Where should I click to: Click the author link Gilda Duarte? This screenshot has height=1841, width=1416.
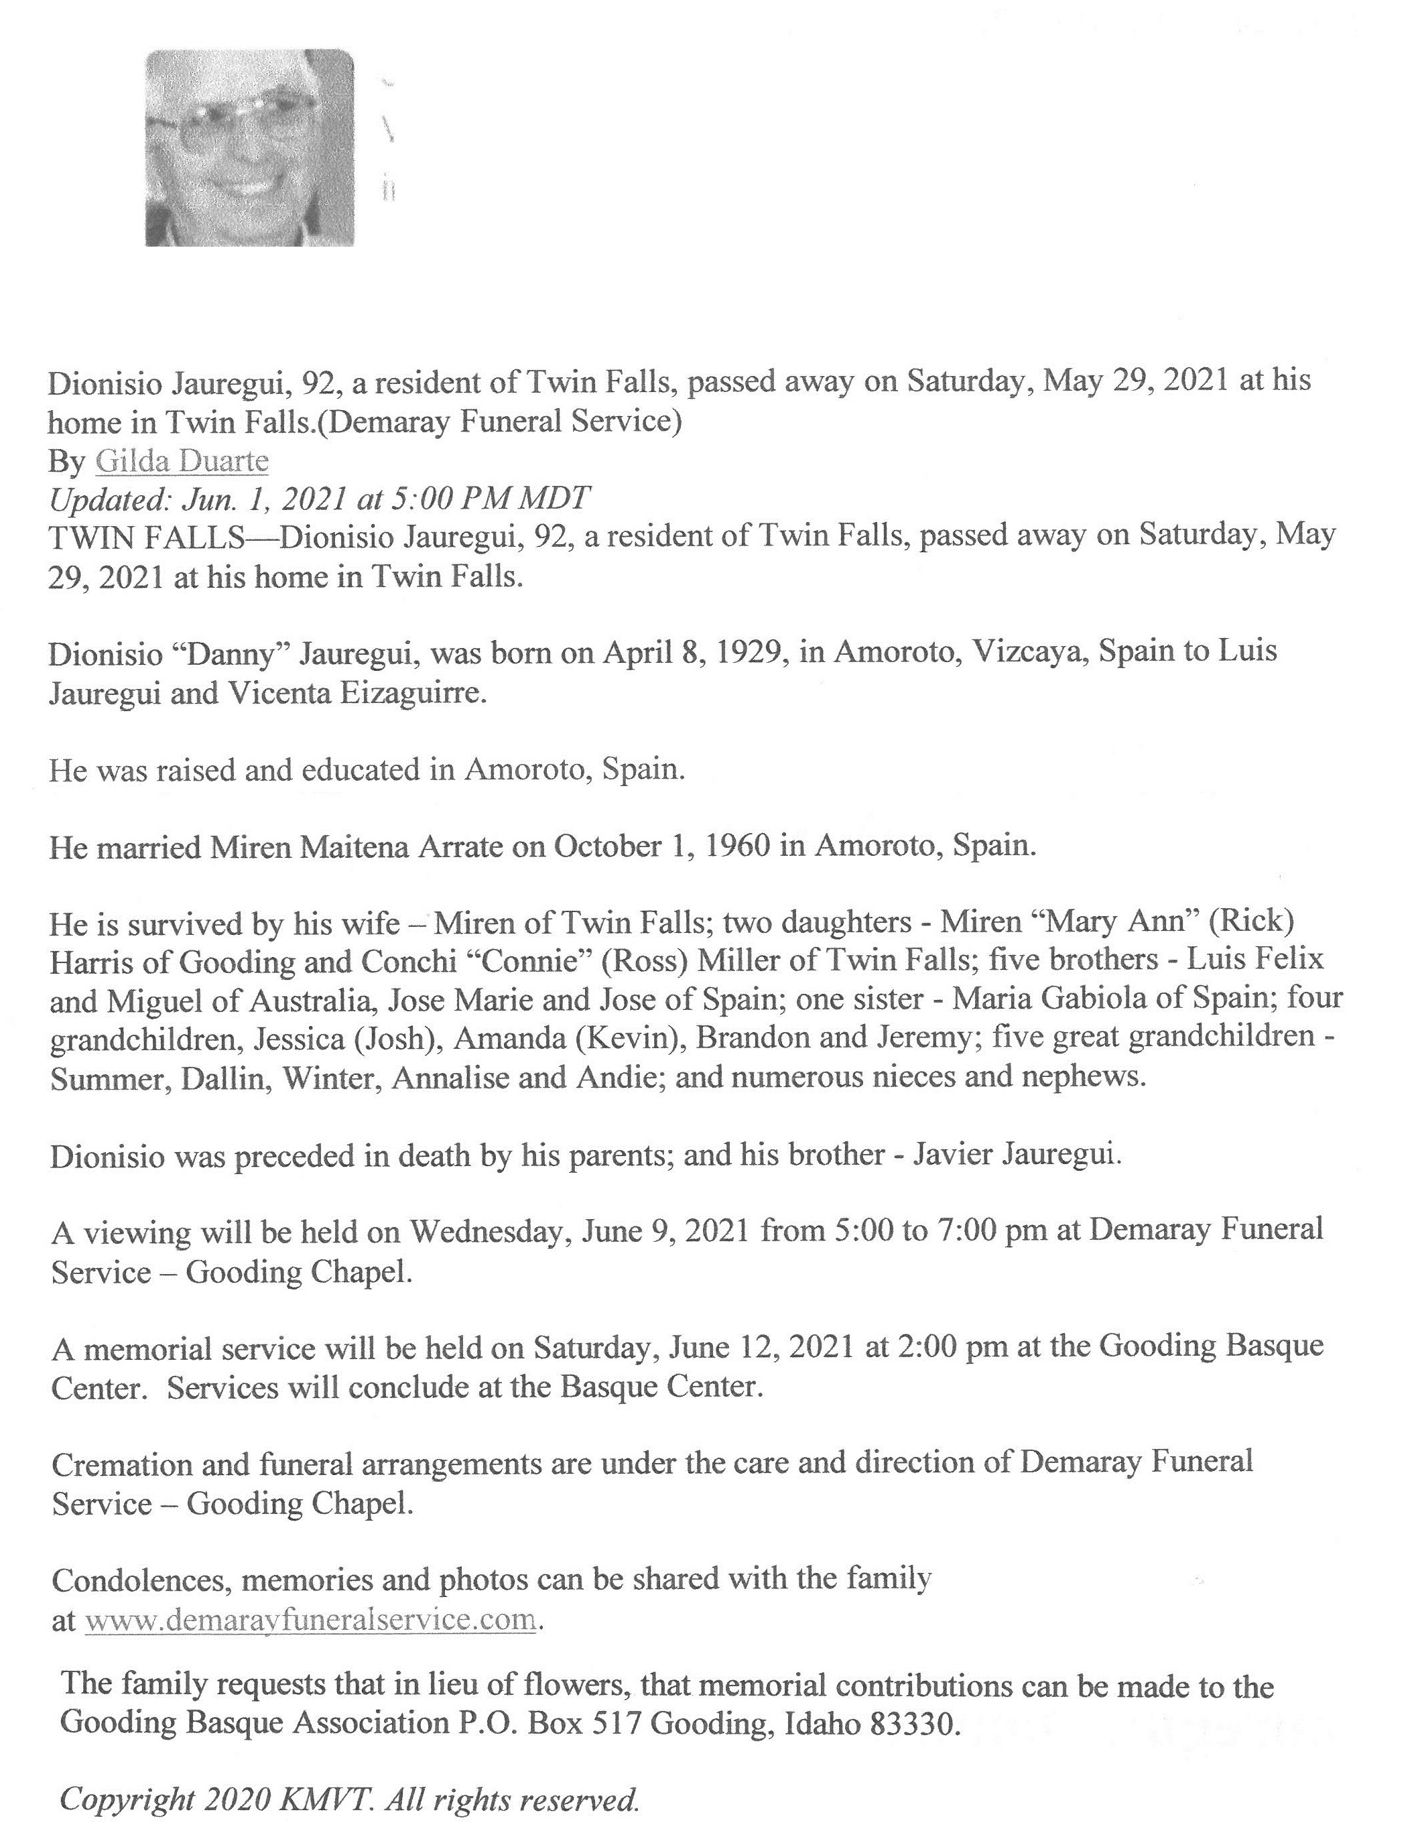pos(182,461)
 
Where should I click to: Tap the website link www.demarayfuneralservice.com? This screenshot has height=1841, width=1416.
pos(311,1619)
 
